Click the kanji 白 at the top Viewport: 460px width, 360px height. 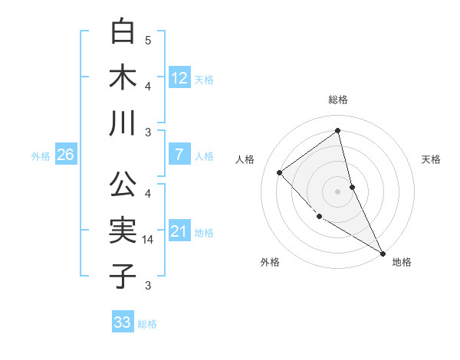[x=123, y=31]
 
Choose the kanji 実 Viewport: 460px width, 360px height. [x=123, y=231]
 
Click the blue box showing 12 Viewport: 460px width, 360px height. [x=179, y=77]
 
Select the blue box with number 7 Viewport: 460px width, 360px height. [x=179, y=155]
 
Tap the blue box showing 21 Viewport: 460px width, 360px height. [x=179, y=231]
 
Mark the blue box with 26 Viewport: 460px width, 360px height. [x=65, y=155]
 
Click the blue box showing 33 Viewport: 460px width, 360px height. [x=123, y=322]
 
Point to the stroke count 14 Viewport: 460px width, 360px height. [x=149, y=240]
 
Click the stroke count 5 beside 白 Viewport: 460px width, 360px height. [x=148, y=40]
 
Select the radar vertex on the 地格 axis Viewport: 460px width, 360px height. [x=382, y=253]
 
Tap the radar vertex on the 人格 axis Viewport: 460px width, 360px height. [x=280, y=172]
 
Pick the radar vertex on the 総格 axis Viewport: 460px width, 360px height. [x=337, y=130]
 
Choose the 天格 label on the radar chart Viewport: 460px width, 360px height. [x=431, y=159]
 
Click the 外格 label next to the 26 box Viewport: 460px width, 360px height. [x=41, y=156]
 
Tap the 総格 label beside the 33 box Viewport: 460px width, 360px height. [x=147, y=324]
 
